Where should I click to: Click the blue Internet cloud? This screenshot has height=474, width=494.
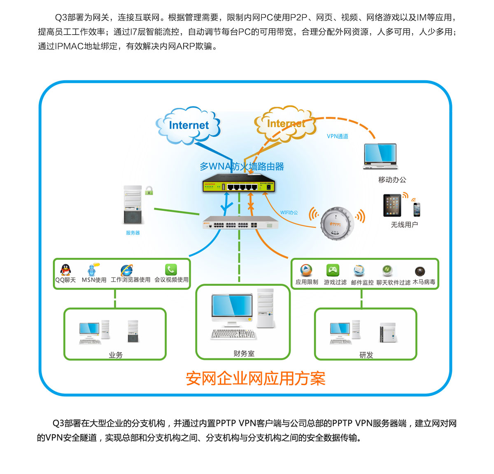pos(189,125)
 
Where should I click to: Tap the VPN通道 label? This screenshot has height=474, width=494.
pos(338,136)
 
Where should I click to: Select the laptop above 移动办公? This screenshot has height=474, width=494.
pos(380,156)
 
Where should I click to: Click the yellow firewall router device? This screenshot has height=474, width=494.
pos(239,186)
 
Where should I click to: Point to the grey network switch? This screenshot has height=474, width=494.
pos(240,223)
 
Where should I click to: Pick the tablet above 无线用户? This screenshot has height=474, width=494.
pos(392,205)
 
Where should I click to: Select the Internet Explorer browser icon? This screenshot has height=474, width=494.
pos(127,270)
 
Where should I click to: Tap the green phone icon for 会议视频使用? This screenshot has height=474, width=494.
pos(171,270)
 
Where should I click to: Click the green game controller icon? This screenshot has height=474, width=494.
pos(333,270)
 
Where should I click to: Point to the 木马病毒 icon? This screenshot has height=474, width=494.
pos(420,271)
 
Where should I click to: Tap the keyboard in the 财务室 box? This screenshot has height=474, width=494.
pos(233,334)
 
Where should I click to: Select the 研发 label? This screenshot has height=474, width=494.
pos(366,355)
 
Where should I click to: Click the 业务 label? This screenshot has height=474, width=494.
pos(116,355)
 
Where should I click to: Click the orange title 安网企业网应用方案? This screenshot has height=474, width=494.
pos(255,378)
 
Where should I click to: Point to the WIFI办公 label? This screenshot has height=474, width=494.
pos(289,212)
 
